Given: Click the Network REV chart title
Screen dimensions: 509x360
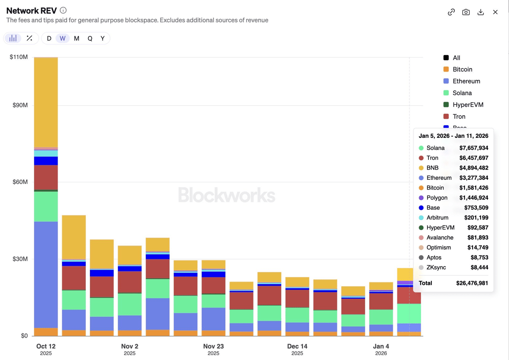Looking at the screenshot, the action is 31,11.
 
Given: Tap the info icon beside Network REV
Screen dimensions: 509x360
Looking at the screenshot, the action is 63,11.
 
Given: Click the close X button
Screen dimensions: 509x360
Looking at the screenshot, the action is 495,12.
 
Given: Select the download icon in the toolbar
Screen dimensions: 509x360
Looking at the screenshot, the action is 481,12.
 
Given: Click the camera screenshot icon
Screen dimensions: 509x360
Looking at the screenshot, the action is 466,12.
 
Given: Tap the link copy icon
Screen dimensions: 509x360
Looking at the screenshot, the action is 451,12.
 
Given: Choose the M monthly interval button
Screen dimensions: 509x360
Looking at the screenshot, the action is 77,39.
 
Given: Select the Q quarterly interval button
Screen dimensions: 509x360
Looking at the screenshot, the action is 90,39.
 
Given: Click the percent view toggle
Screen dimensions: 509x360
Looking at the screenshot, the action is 29,38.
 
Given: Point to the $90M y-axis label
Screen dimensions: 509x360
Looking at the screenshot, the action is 20,105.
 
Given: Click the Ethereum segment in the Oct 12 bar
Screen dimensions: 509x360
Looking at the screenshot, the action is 46,275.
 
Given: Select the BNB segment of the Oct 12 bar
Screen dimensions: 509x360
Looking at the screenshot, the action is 46,102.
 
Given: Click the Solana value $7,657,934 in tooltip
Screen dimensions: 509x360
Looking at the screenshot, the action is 474,148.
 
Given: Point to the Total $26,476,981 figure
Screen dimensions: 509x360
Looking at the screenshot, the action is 472,283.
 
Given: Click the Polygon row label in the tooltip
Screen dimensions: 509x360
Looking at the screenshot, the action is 437,198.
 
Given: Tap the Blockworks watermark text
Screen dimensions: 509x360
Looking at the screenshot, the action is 227,195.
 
